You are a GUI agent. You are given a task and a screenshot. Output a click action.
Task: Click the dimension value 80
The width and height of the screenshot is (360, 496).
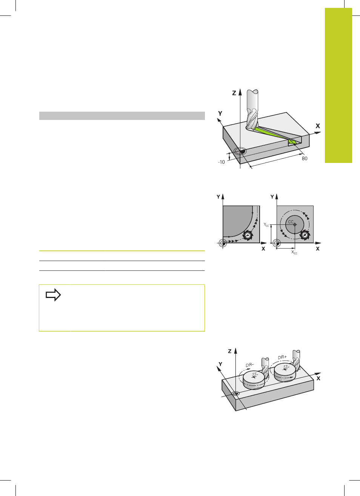[305, 158]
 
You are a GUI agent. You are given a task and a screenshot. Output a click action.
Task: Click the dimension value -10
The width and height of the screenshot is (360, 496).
[221, 162]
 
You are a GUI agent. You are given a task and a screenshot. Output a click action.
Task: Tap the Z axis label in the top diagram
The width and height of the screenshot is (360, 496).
[234, 93]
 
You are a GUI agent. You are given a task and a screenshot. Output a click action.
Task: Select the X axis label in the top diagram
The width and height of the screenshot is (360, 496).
[318, 126]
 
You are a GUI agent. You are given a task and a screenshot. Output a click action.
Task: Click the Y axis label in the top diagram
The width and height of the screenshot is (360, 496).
[220, 114]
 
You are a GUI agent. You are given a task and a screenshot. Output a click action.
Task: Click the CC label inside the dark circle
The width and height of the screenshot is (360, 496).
[291, 222]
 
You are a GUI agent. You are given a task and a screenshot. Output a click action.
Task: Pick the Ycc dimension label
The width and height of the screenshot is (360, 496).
[266, 225]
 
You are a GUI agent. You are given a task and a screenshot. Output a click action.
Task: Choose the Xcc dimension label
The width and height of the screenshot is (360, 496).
[294, 252]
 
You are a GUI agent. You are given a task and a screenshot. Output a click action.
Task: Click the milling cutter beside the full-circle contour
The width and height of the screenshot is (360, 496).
[305, 235]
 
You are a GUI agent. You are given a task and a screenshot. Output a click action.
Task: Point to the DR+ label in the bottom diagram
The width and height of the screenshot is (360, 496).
[282, 357]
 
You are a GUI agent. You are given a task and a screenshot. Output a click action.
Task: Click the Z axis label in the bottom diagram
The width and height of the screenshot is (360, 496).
[230, 351]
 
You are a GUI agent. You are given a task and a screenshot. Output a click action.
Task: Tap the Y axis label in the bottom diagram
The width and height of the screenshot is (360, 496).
[220, 364]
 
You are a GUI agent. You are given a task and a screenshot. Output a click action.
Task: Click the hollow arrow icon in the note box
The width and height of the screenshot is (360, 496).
[53, 295]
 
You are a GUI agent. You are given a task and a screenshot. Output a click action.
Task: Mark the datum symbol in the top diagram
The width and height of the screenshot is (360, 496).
[240, 152]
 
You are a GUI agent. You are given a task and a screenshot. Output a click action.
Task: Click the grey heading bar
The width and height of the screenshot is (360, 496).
[122, 115]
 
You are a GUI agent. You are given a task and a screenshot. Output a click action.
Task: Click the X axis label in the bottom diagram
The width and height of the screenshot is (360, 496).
[318, 378]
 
